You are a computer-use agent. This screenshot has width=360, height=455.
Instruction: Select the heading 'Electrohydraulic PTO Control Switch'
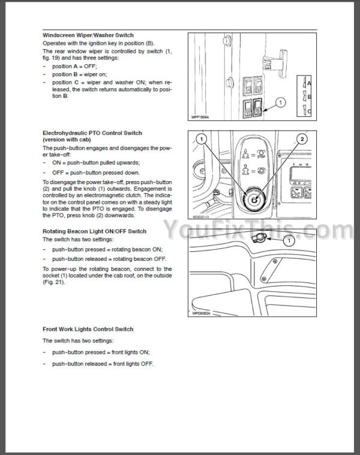(x=92, y=133)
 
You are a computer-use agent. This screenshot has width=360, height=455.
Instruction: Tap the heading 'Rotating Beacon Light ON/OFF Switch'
(x=94, y=231)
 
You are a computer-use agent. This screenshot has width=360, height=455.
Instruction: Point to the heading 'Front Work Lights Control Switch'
(x=88, y=329)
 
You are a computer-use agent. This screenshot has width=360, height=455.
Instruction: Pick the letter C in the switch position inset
(x=310, y=110)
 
